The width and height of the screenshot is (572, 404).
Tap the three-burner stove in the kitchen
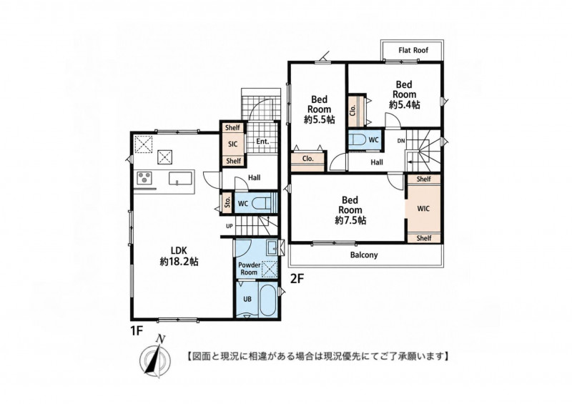pos(144,179)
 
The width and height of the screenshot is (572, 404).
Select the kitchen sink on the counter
pos(180,179)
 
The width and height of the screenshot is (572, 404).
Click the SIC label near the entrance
pos(233,144)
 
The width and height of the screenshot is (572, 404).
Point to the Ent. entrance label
pos(262,142)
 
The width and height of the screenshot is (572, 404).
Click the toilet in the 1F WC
pos(262,203)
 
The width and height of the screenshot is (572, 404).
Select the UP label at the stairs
pos(229,226)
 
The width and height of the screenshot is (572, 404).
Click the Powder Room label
pos(249,269)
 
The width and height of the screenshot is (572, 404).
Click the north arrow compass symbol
pos(155,355)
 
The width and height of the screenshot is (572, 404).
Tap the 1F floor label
pos(136,330)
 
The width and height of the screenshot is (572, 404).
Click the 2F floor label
pos(297,279)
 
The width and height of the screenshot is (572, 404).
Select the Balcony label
pos(364,255)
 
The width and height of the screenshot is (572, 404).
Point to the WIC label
pos(423,209)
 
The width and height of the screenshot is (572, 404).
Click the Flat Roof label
pos(413,50)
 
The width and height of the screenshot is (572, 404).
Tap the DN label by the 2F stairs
pos(401,141)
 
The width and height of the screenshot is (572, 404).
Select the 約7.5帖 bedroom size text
pos(350,220)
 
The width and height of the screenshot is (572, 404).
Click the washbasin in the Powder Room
pos(272,247)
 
